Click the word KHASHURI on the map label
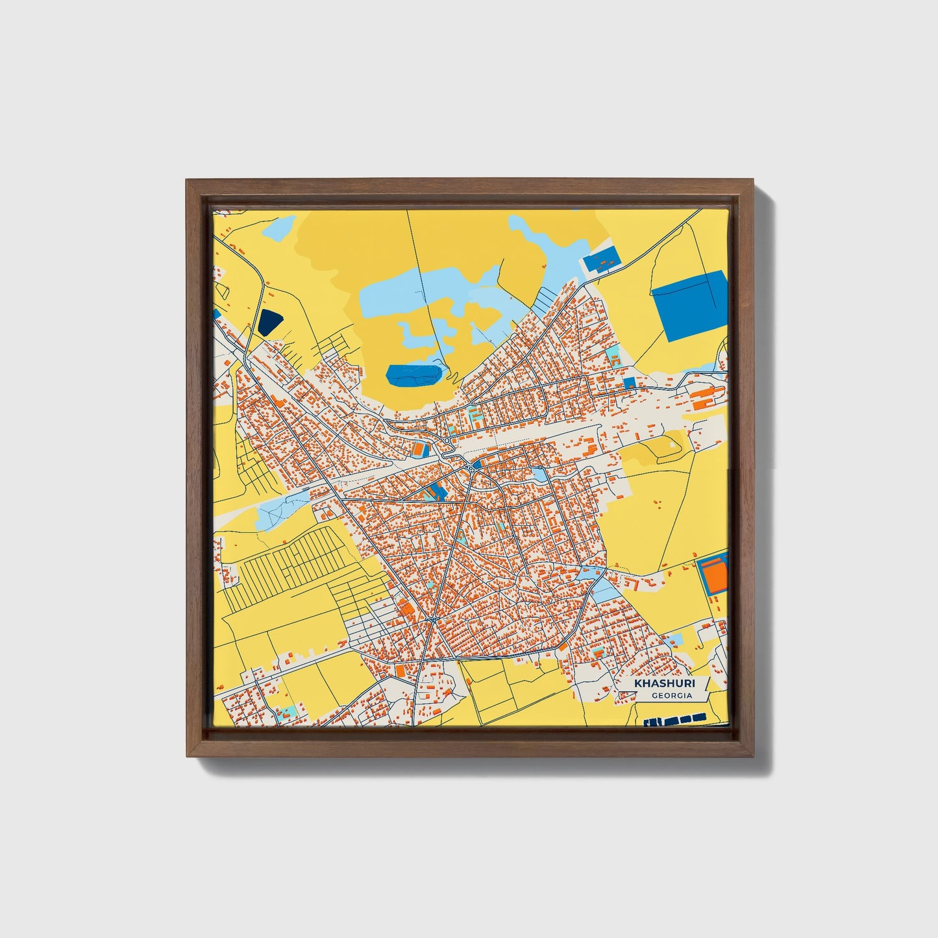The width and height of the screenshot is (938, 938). [655, 684]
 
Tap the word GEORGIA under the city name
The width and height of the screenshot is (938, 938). [672, 696]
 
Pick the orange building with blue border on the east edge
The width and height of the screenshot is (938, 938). [714, 573]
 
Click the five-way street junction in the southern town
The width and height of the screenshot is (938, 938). [432, 621]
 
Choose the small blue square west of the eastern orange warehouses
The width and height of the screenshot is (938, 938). [629, 383]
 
